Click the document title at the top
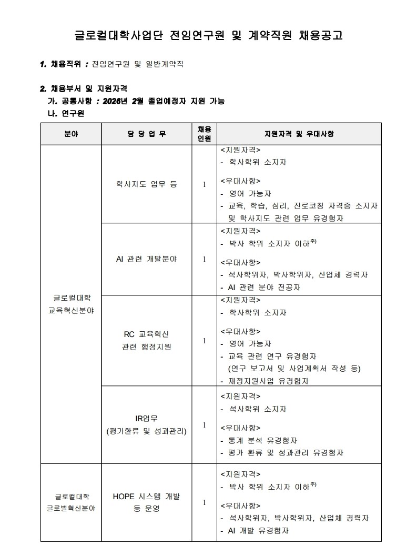point(208,36)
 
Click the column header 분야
point(71,134)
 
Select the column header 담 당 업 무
point(146,134)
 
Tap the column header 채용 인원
point(204,134)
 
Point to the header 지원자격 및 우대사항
point(299,134)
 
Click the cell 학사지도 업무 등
point(146,184)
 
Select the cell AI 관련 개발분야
point(146,259)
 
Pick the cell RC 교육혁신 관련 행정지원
point(146,341)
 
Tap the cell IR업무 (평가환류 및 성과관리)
point(146,425)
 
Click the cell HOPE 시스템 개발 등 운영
point(146,502)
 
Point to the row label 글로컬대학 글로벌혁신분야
point(71,502)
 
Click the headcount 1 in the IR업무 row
point(204,425)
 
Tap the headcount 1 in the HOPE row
point(204,502)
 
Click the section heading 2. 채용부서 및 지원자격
point(84,88)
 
